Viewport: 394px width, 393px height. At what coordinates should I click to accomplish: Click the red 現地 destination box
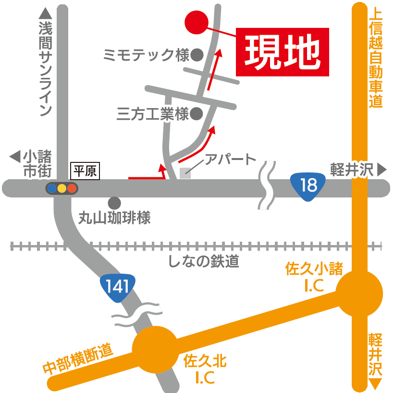283,52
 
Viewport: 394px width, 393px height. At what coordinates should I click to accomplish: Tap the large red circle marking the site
197,23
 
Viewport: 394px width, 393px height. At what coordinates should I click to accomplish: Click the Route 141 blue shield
118,287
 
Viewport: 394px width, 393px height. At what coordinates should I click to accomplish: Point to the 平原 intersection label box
85,172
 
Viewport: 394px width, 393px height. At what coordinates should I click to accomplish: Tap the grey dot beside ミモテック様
197,55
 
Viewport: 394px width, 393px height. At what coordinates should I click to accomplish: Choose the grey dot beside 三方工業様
196,114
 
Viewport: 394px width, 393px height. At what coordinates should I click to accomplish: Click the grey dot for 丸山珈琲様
114,203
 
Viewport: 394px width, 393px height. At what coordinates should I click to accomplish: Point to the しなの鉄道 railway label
203,261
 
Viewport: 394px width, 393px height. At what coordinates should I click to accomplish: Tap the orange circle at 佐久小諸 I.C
359,293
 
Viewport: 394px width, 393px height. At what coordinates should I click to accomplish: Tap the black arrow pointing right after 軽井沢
382,170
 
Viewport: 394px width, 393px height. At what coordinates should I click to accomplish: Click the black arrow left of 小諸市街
15,157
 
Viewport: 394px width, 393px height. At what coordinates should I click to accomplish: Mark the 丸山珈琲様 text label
115,219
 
